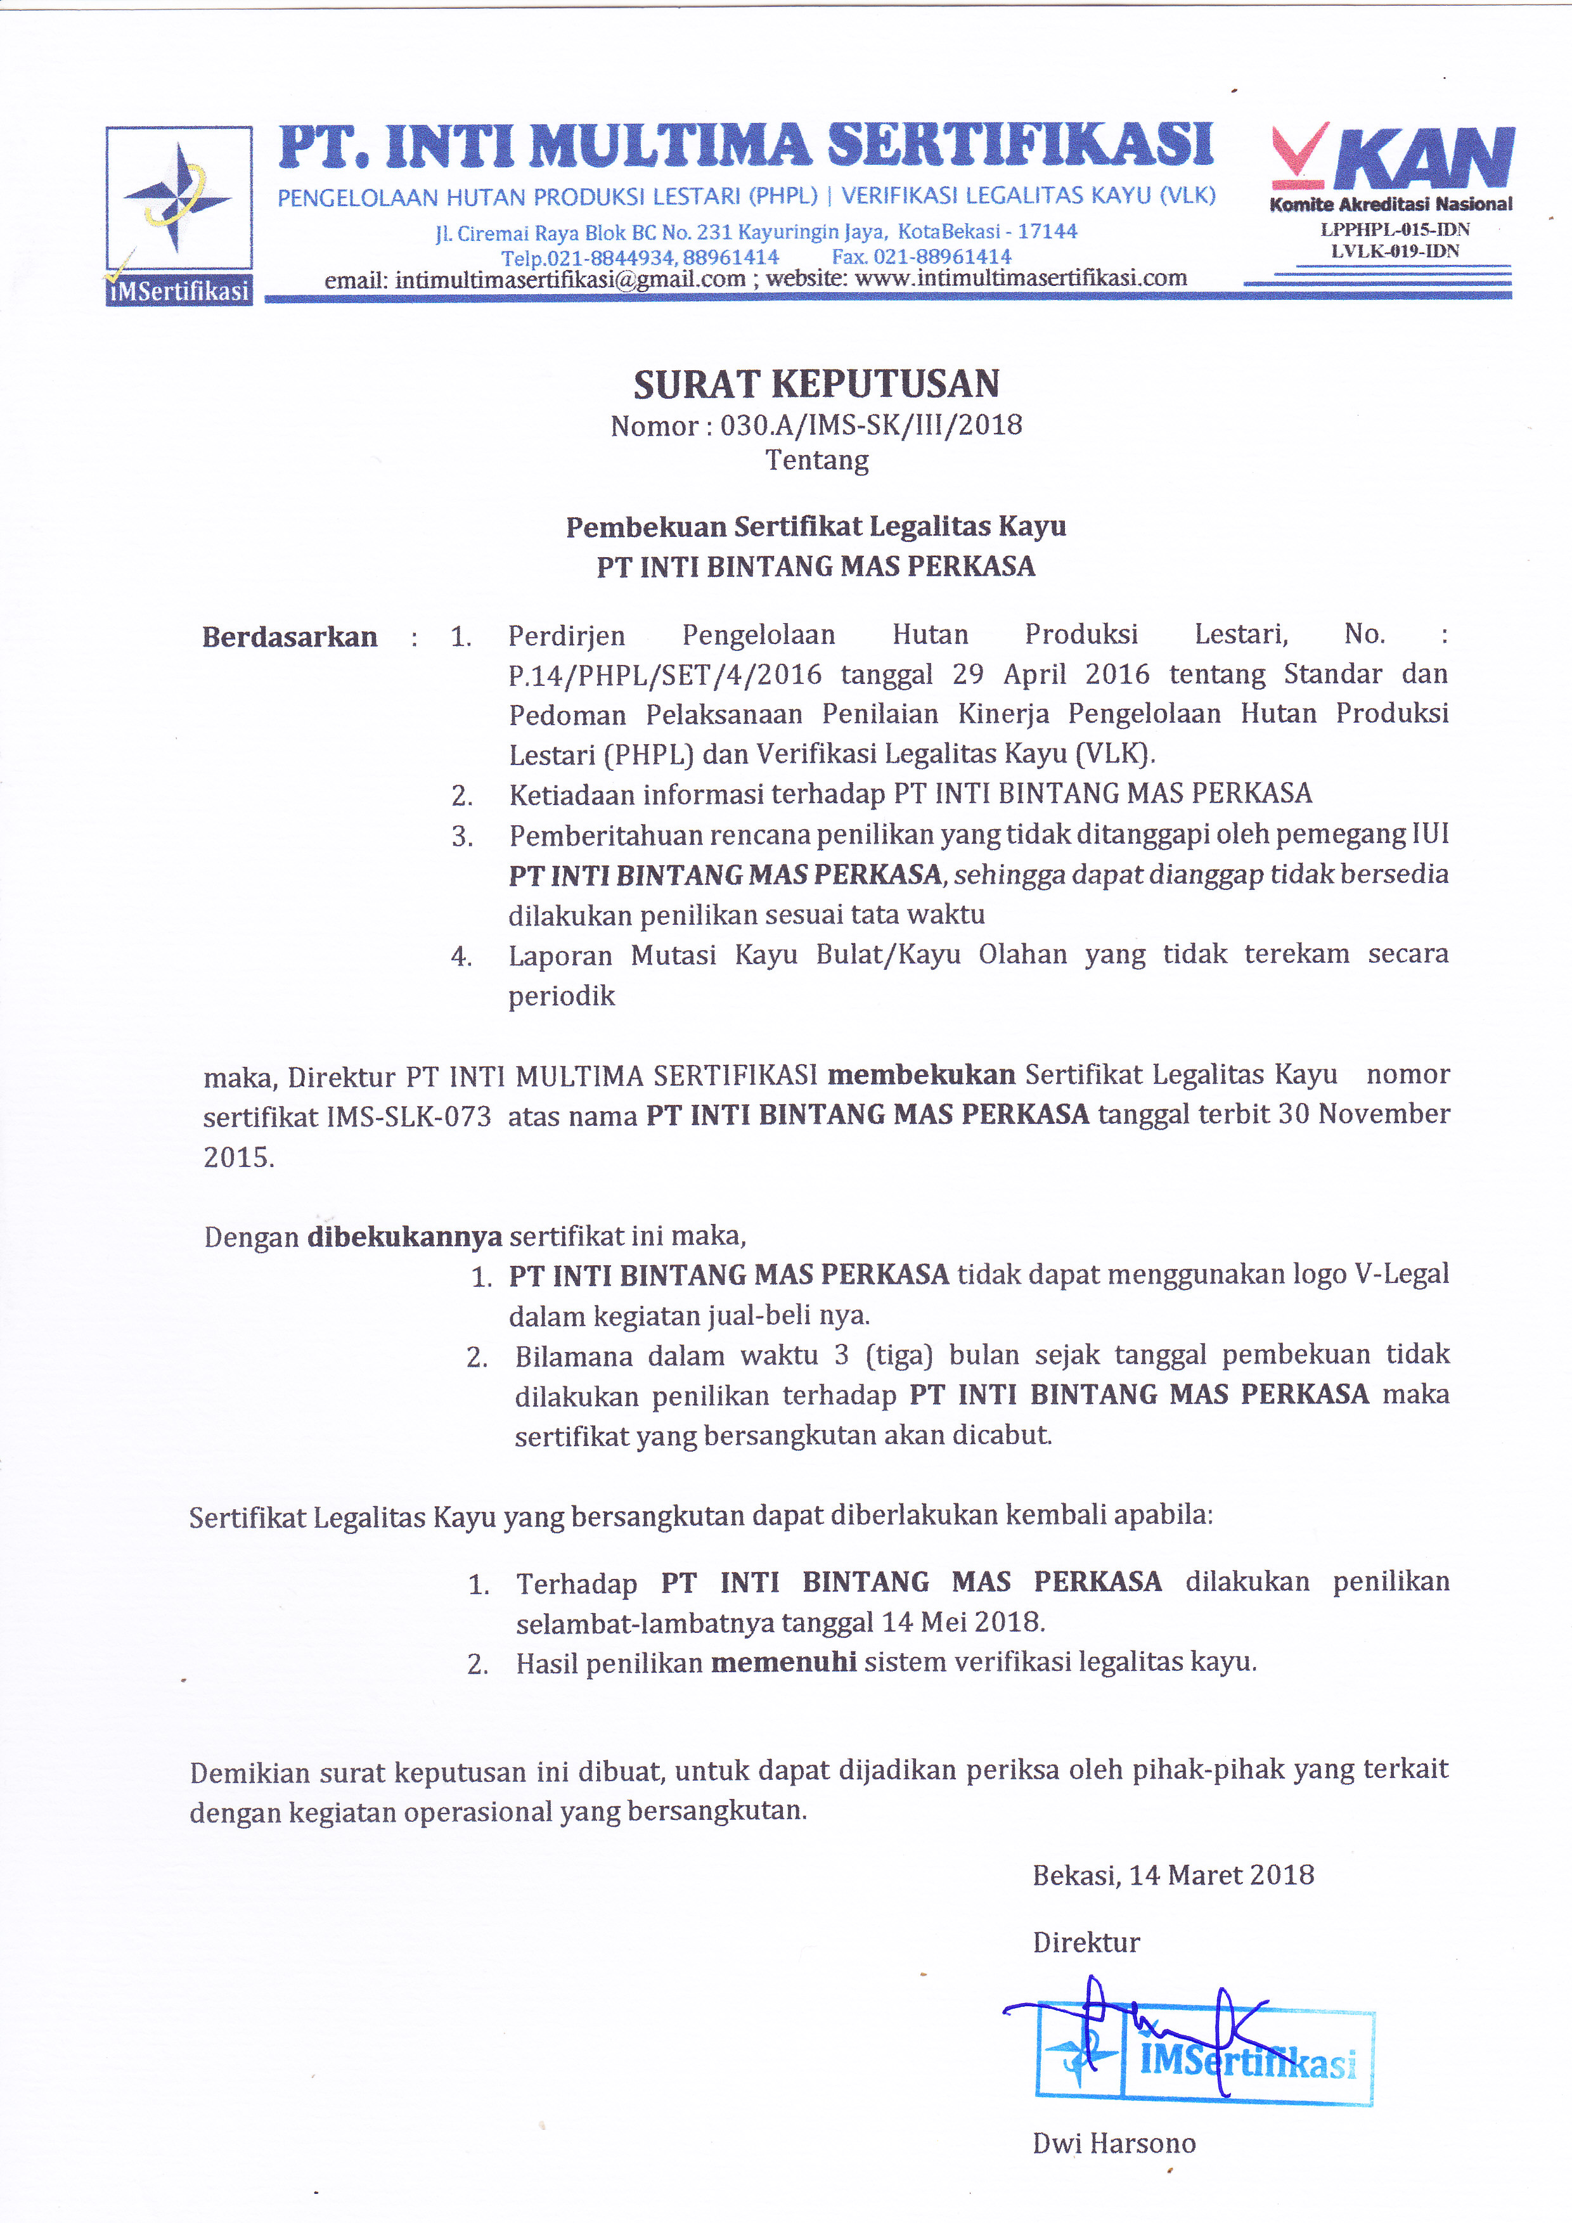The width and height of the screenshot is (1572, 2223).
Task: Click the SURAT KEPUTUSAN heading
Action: (816, 384)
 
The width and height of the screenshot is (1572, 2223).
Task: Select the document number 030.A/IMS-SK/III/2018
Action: (871, 425)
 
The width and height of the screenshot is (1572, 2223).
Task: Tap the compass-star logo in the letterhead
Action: (177, 198)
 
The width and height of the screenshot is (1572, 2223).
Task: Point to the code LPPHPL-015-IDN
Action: (1395, 229)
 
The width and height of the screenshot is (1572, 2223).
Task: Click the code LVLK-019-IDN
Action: (1395, 251)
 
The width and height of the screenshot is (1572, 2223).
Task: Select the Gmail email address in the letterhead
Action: (570, 280)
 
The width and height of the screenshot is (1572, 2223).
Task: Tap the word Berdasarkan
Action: (290, 637)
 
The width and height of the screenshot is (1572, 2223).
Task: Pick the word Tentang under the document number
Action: (817, 460)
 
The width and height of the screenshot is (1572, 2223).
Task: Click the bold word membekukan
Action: (922, 1074)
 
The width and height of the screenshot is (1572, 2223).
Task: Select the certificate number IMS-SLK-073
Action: (408, 1116)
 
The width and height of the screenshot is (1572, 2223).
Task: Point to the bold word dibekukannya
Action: (404, 1237)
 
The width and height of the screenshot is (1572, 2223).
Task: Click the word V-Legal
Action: (1401, 1274)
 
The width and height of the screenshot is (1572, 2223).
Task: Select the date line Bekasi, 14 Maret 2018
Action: (1173, 1876)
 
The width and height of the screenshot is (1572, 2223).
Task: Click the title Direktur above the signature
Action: (1086, 1942)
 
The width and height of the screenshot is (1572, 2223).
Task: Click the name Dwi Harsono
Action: (1114, 2144)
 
